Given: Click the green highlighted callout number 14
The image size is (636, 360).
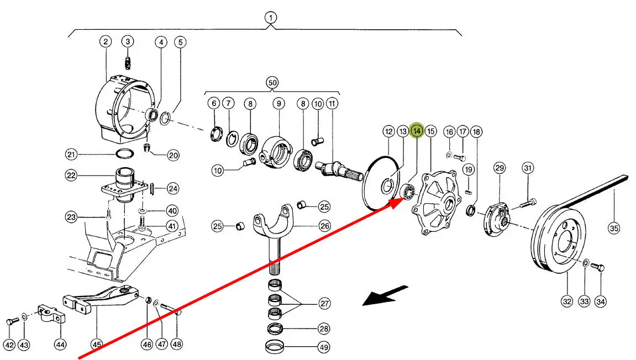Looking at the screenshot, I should [x=417, y=131].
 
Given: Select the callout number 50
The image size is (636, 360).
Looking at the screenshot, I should [x=272, y=83].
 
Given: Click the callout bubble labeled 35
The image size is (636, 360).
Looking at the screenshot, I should [x=614, y=227].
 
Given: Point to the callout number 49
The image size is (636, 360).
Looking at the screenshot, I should [x=324, y=347].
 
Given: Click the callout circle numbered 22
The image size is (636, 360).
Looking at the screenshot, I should [x=71, y=176].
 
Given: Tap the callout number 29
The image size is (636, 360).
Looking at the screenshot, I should [x=500, y=168].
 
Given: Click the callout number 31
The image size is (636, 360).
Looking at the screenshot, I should [x=528, y=168].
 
